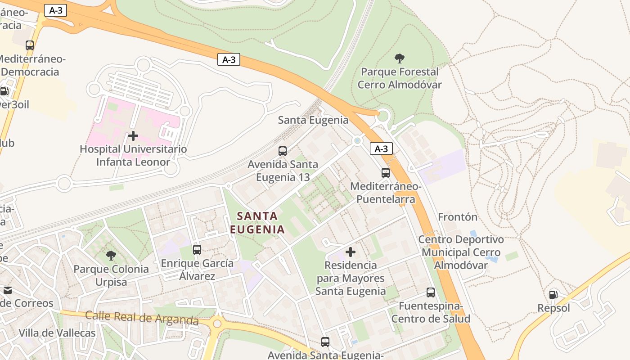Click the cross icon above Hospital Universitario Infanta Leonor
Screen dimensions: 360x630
[x=133, y=135]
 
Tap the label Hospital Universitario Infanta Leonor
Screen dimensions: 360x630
[x=133, y=155]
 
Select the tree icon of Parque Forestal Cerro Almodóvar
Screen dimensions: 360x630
[x=399, y=58]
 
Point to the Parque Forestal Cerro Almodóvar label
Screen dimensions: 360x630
[x=399, y=78]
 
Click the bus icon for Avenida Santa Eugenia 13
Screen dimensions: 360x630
[x=283, y=151]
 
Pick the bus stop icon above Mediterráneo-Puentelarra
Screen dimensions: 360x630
[x=386, y=173]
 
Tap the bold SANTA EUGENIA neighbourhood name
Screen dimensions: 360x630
[x=257, y=223]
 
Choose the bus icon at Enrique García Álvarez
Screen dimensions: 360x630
[x=197, y=249]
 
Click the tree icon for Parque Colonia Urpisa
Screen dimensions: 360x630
[x=111, y=256]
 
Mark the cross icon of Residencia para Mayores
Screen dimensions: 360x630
[x=351, y=252]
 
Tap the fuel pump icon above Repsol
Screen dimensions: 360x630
[x=553, y=295]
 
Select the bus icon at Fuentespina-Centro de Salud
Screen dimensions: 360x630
[x=431, y=292]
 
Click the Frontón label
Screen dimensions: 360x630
[x=458, y=217]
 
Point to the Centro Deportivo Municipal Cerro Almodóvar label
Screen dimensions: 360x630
[x=461, y=252]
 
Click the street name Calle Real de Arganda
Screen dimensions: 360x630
[x=142, y=317]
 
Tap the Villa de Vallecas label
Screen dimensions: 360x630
[x=57, y=333]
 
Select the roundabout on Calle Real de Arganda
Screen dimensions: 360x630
[x=218, y=323]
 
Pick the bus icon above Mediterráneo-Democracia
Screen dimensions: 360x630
[x=30, y=45]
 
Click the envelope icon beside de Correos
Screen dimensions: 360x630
[x=7, y=290]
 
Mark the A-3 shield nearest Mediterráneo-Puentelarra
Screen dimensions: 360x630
[x=381, y=148]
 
